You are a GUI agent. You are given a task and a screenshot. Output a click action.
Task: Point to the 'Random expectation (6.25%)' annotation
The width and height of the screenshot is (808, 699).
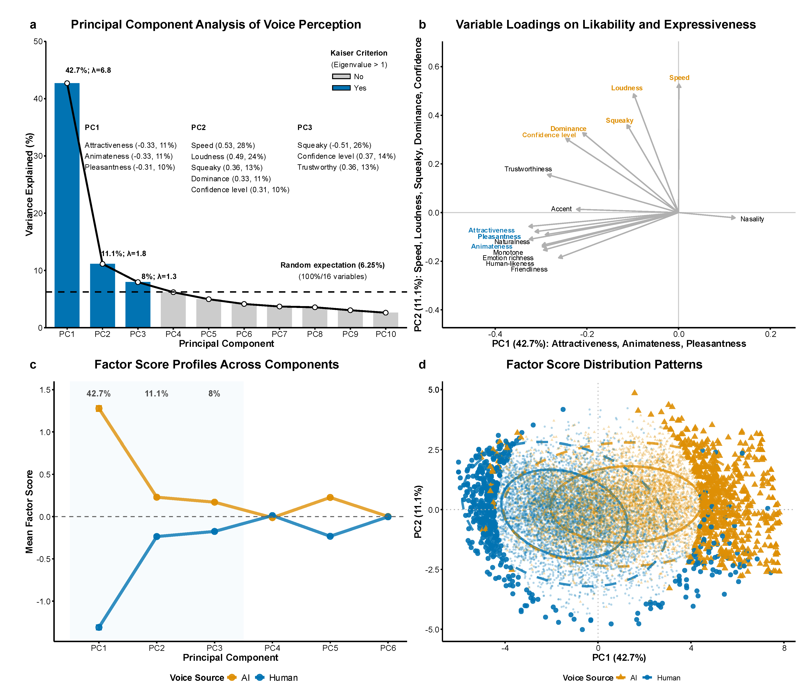click(332, 265)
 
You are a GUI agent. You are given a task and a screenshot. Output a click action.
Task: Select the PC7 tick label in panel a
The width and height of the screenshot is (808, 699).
click(279, 334)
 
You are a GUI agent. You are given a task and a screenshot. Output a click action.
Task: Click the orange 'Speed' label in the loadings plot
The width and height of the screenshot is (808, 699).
click(679, 78)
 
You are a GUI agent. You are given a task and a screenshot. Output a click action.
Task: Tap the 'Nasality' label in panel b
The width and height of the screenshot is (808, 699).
click(752, 219)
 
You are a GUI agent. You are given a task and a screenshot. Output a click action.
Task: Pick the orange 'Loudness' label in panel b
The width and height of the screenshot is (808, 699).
click(626, 88)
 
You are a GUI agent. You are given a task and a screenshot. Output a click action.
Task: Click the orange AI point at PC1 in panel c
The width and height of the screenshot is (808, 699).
click(99, 408)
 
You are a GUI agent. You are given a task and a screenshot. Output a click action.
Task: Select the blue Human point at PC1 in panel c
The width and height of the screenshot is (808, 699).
click(99, 627)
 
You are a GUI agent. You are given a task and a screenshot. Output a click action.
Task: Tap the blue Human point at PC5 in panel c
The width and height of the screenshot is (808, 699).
click(330, 536)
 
